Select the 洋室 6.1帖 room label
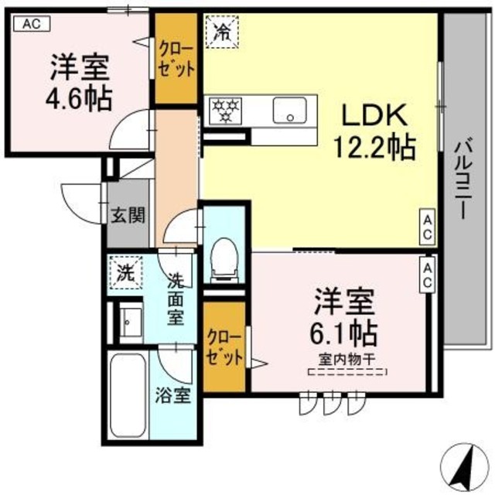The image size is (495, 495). pyautogui.click(x=345, y=317)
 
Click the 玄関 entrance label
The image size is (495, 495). pyautogui.click(x=127, y=216)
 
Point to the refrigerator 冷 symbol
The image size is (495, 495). pyautogui.click(x=221, y=33)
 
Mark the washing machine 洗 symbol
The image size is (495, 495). pyautogui.click(x=125, y=271)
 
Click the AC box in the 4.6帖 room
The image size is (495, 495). pyautogui.click(x=30, y=24)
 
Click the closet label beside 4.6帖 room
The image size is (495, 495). pyautogui.click(x=176, y=58)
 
